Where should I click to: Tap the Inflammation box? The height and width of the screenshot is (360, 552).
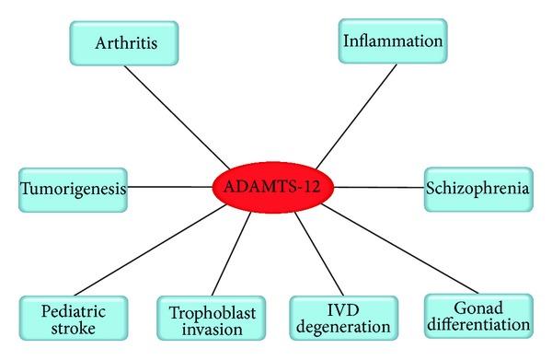[x=393, y=42]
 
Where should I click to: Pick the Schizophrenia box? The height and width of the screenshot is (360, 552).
[x=477, y=189]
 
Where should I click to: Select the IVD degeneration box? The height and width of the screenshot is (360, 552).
[x=343, y=319]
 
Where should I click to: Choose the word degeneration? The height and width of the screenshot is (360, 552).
[x=343, y=329]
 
